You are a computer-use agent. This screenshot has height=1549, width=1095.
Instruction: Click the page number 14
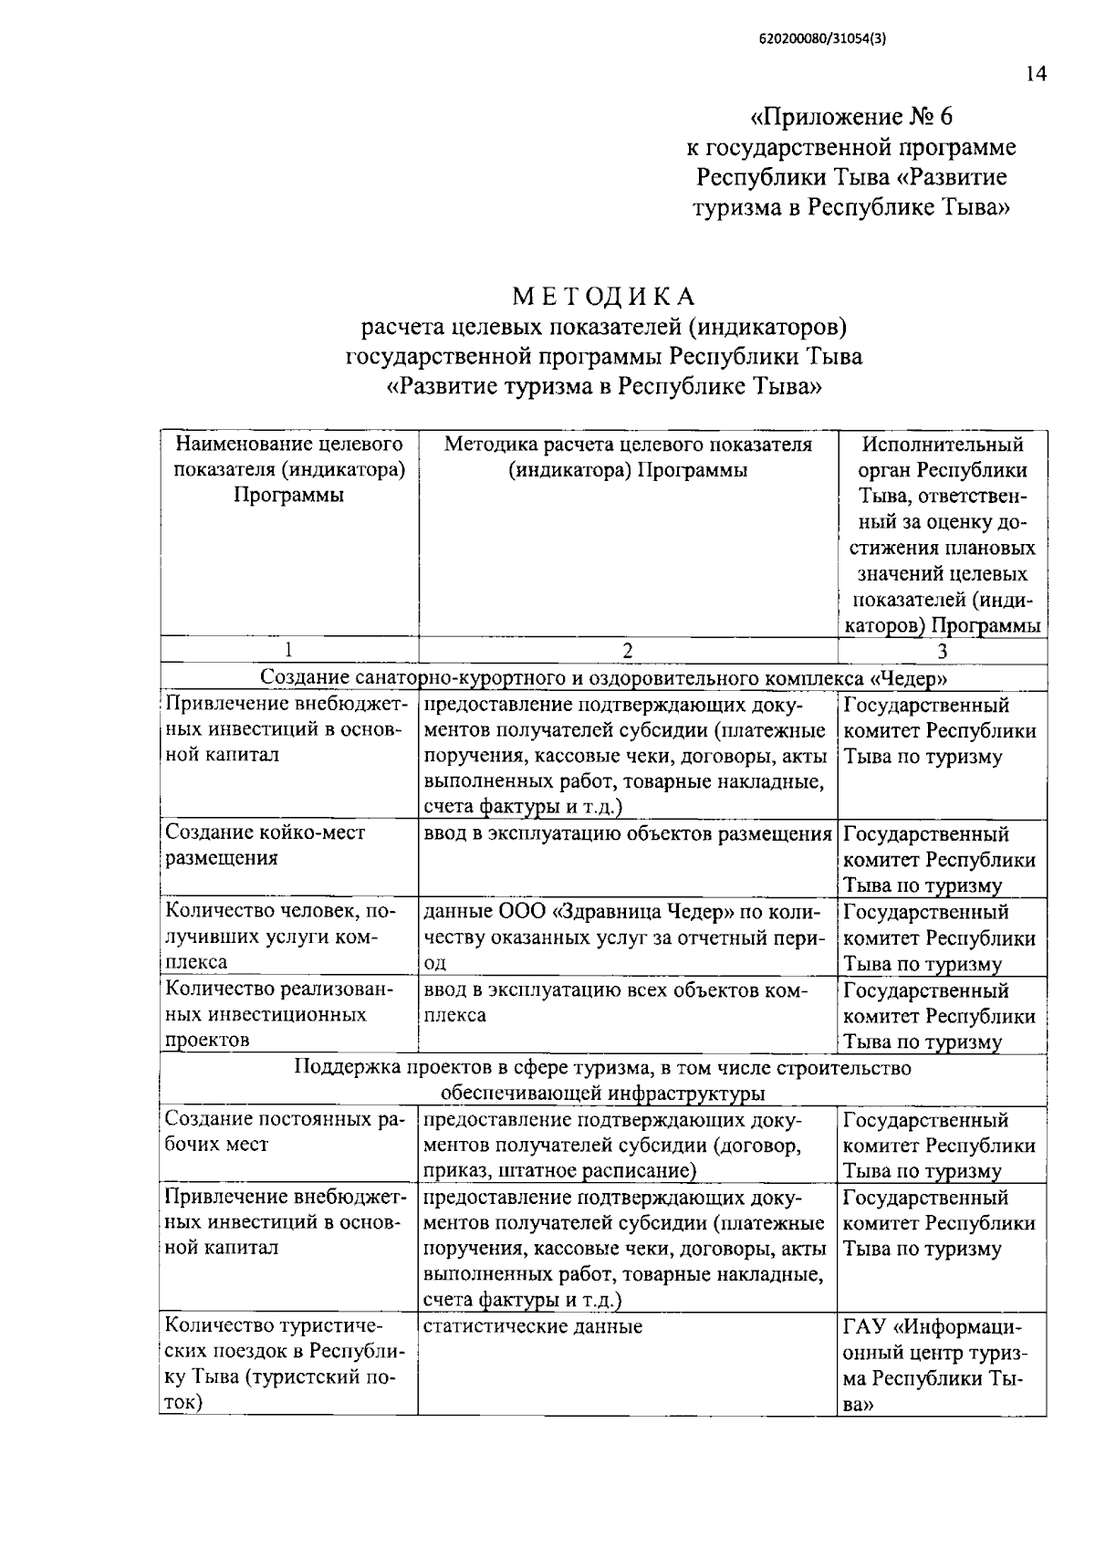[1035, 75]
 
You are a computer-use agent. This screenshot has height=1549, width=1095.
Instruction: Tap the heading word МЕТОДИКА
[604, 297]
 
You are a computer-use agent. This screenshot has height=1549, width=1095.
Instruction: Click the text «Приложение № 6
[850, 117]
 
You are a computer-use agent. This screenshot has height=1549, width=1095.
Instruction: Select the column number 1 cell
[288, 650]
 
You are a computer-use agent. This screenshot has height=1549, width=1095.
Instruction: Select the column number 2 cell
[627, 650]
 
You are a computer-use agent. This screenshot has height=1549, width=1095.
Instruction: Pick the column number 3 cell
[942, 650]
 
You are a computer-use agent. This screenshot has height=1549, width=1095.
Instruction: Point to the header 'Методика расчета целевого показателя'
[627, 457]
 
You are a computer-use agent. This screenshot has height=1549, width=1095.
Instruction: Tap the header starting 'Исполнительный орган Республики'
[942, 535]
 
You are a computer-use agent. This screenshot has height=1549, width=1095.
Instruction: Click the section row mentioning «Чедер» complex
[603, 677]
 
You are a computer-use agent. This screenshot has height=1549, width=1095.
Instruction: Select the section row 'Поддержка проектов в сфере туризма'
[602, 1080]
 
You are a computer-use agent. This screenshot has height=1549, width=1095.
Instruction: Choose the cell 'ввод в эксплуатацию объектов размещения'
[627, 833]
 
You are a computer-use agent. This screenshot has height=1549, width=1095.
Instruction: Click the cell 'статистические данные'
[534, 1326]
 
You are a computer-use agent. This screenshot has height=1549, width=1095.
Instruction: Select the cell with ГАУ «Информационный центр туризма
[940, 1365]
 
